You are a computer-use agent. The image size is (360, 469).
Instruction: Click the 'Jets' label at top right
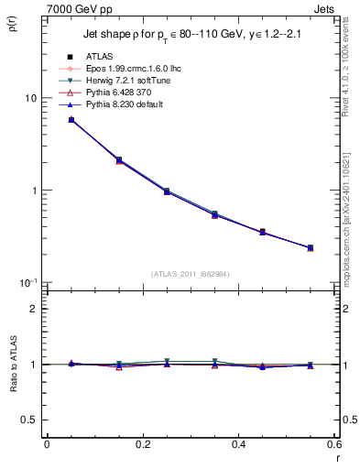coord(325,8)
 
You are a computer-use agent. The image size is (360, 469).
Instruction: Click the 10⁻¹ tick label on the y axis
coord(27,282)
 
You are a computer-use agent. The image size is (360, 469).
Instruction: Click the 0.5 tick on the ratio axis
coord(29,420)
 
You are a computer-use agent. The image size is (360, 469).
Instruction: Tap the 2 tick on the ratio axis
coord(33,309)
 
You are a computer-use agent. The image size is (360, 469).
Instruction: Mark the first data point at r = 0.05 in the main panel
coord(71,120)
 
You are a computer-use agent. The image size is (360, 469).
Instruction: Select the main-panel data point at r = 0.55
coord(310,247)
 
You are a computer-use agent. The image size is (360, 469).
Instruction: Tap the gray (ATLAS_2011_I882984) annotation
coord(191,274)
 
